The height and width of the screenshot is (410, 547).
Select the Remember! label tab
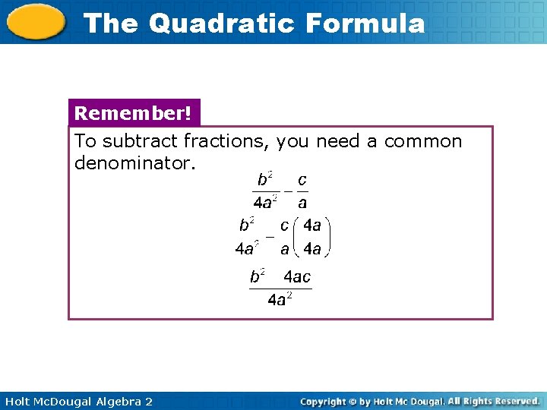[x=134, y=114]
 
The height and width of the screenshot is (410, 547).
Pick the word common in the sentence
[x=422, y=141]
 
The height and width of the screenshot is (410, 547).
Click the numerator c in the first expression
[x=302, y=180]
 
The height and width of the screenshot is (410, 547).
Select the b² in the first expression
[x=265, y=180]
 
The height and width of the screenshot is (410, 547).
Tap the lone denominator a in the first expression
[x=302, y=203]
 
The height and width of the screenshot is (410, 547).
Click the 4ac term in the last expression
[x=297, y=277]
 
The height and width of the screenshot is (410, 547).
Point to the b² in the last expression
[x=258, y=276]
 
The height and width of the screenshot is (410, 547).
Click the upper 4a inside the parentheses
[x=311, y=225]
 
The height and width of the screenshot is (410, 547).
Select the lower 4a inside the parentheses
[x=311, y=248]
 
